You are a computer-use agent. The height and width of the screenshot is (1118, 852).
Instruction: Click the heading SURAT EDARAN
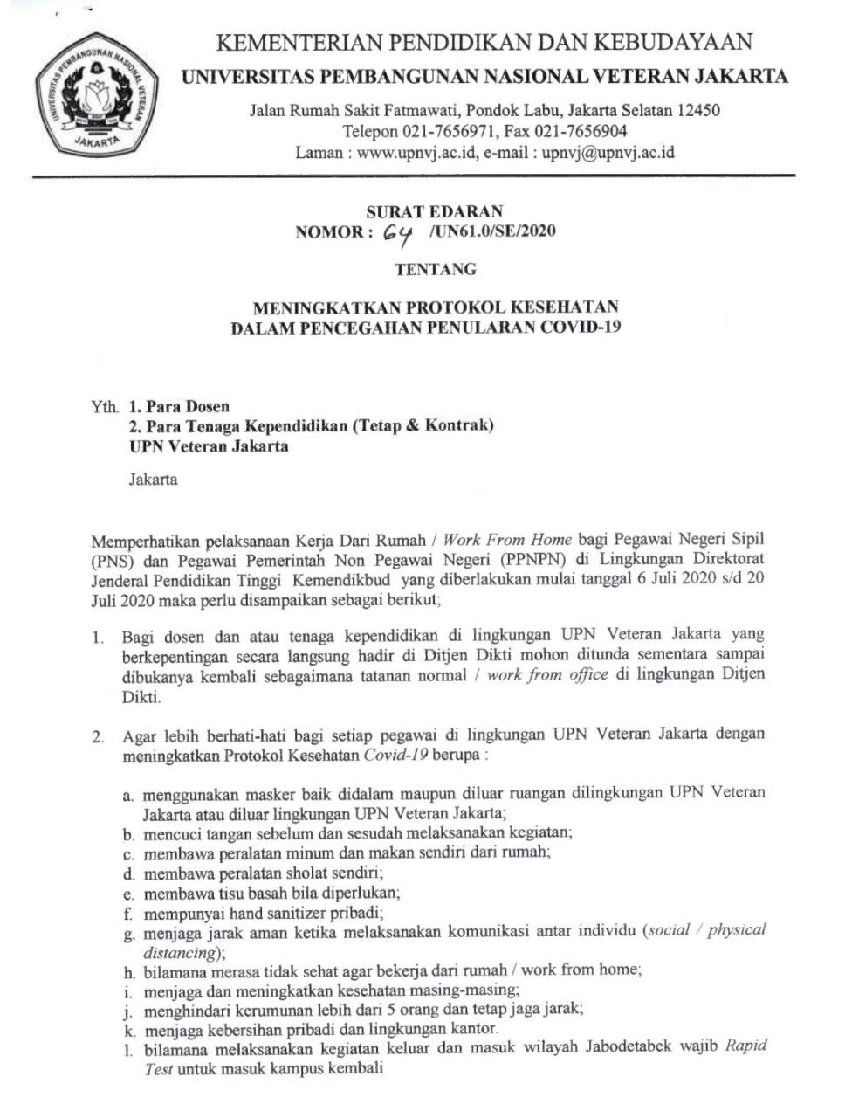[434, 211]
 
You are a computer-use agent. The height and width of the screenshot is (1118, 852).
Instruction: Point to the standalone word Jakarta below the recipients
[153, 479]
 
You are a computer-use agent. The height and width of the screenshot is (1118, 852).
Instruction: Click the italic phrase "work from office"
[547, 675]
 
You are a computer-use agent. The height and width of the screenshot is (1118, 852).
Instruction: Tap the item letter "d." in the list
[128, 873]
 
